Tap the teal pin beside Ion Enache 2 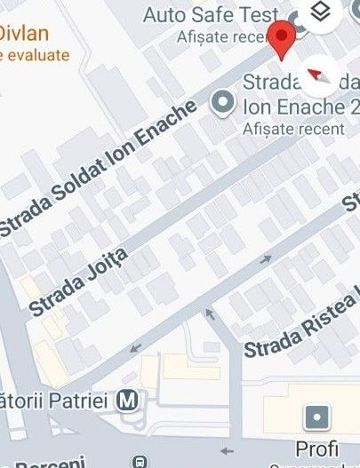point(222,105)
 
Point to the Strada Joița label point(79,282)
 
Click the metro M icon point(130,401)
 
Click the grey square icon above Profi point(316,416)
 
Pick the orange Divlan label point(23,35)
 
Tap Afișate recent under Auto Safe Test point(213,36)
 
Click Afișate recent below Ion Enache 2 point(293,129)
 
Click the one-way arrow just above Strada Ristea point(265,260)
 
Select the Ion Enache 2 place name point(299,108)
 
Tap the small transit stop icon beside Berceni point(138,462)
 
